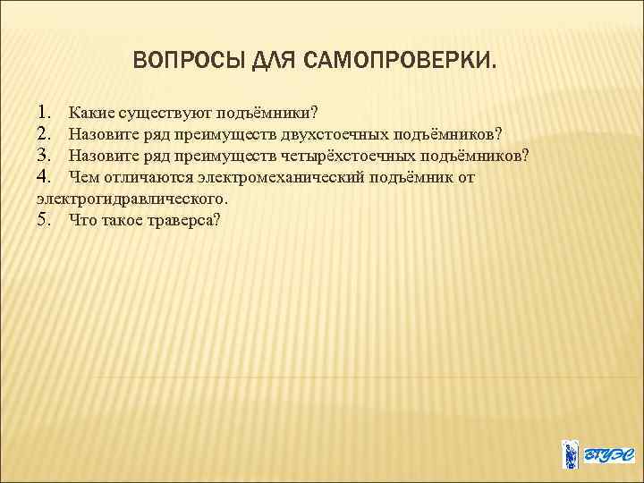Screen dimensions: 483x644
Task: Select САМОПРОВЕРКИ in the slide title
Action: (x=399, y=62)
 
